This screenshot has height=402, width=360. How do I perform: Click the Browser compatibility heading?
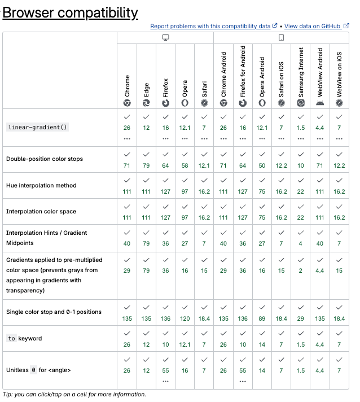pos(70,12)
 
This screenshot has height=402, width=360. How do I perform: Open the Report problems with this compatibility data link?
pos(210,26)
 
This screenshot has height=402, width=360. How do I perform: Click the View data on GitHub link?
pos(314,26)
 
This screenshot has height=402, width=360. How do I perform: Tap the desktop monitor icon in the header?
pos(165,38)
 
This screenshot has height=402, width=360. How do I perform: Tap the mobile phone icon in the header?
pos(281,38)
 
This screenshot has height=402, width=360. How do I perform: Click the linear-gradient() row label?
pos(37,127)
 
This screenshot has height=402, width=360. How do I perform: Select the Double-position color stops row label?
pos(45,159)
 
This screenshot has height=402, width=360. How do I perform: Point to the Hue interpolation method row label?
pos(41,185)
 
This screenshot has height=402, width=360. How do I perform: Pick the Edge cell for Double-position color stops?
pos(147,159)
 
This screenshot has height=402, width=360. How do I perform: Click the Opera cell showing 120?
pos(185,312)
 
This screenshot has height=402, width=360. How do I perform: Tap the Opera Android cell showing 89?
pos(262,312)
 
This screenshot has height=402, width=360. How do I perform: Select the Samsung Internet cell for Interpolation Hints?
pos(301,237)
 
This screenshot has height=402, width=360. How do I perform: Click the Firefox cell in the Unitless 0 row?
pos(165,370)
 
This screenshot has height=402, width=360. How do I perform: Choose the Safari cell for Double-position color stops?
pos(204,159)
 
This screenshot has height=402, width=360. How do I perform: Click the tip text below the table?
pos(74,394)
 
